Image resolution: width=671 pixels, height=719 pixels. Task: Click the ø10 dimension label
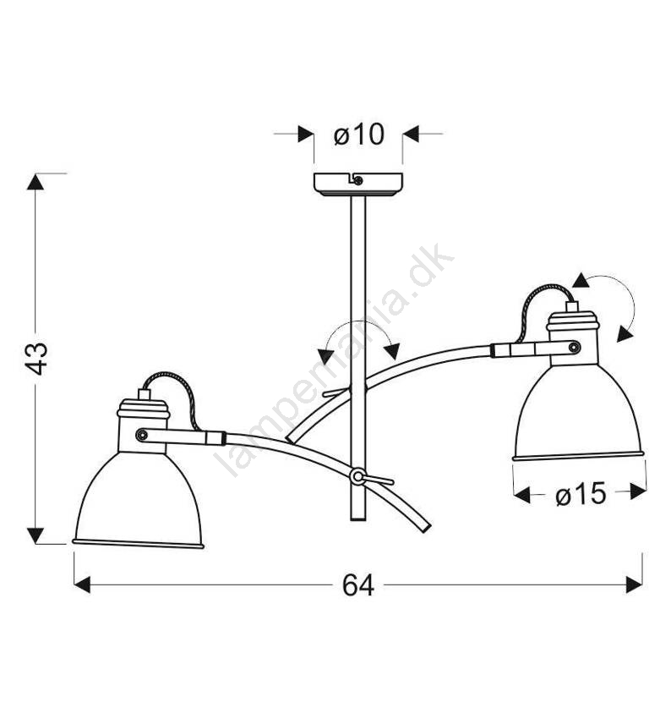(x=358, y=134)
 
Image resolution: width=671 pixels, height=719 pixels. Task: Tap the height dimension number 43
(x=35, y=359)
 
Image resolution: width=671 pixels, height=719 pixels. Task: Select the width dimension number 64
(x=358, y=585)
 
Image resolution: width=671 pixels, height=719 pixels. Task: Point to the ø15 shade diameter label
(x=581, y=494)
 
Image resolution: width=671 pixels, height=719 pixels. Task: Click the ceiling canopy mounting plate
(x=358, y=184)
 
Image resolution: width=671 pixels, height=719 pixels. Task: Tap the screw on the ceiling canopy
(x=358, y=180)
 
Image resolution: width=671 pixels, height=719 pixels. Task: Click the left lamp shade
(x=139, y=500)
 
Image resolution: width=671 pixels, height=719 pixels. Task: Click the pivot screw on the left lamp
(x=142, y=434)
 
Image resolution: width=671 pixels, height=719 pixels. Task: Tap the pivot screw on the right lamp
(x=574, y=347)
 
